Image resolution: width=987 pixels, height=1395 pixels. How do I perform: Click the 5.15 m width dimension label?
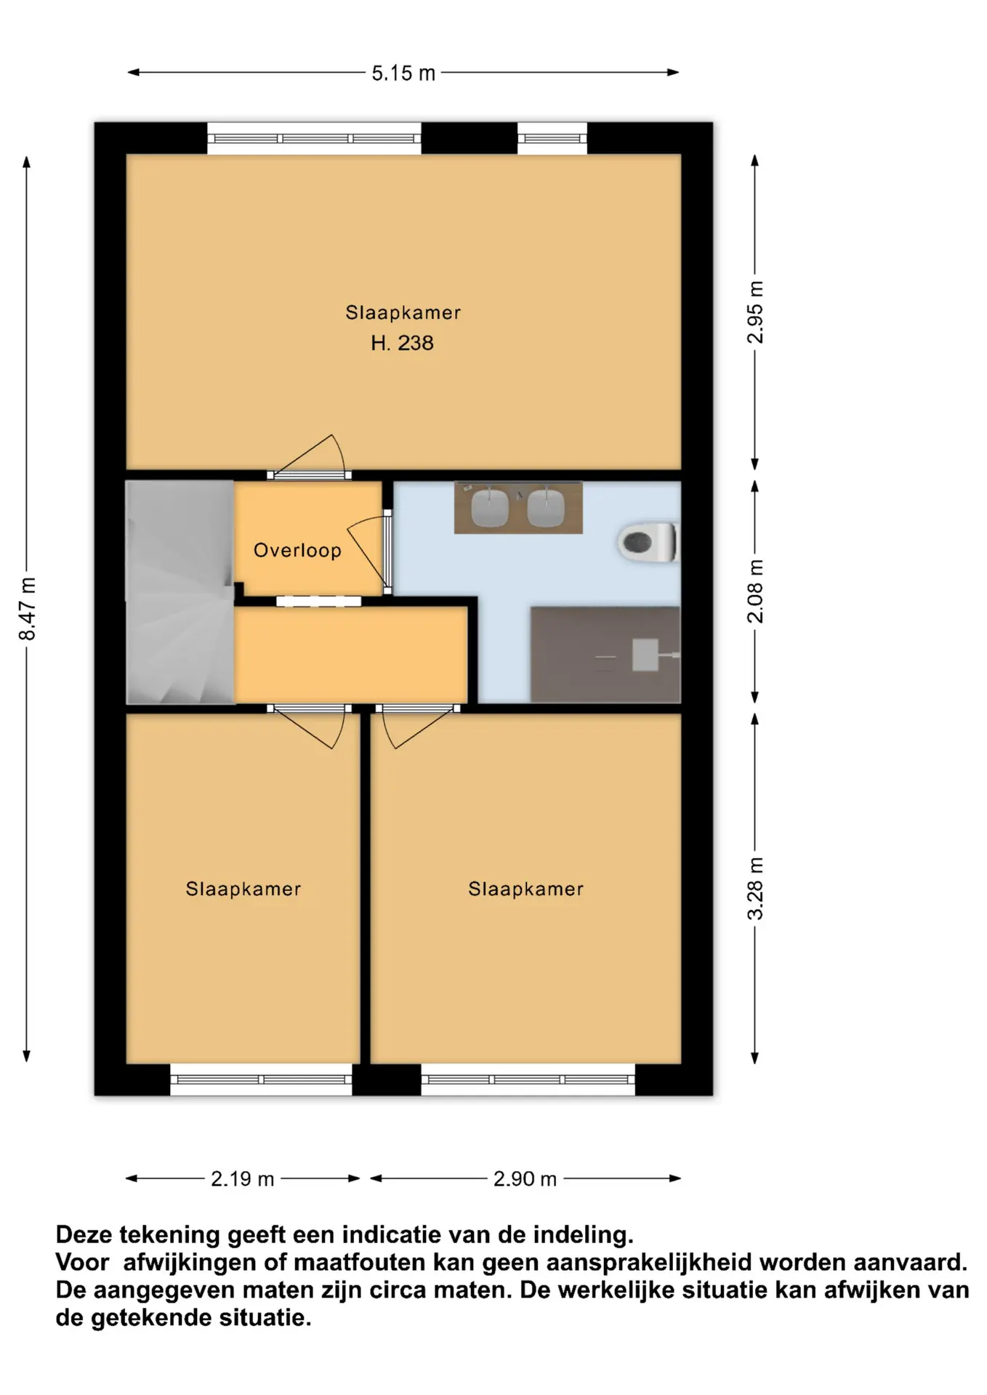click(x=403, y=73)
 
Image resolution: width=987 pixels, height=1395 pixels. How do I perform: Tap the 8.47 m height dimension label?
click(x=27, y=609)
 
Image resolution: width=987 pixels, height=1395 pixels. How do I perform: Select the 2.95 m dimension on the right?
click(x=756, y=312)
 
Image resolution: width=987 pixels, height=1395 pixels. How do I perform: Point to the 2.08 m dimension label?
click(x=756, y=591)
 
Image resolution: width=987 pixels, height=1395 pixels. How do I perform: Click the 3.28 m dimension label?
click(x=756, y=889)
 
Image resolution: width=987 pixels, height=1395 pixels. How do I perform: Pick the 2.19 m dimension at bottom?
click(x=243, y=1179)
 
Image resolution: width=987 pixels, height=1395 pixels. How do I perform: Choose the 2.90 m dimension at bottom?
click(x=525, y=1179)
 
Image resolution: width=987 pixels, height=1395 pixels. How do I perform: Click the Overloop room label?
click(x=297, y=550)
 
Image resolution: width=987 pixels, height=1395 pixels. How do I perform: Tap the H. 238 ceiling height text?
click(x=402, y=343)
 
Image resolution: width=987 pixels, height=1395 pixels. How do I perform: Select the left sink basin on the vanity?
click(x=489, y=507)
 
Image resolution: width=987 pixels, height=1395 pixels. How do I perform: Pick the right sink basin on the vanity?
click(x=546, y=507)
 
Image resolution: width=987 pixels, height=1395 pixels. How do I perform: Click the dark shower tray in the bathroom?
click(x=605, y=655)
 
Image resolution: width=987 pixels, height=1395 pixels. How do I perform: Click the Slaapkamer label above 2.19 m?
click(x=243, y=889)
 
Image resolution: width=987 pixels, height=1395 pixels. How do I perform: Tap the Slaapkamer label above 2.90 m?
click(x=525, y=889)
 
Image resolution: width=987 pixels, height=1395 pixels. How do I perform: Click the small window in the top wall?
click(x=552, y=138)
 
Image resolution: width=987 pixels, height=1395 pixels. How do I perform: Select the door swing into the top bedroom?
click(x=309, y=456)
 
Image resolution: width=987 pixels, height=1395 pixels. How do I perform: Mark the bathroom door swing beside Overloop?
click(x=367, y=552)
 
